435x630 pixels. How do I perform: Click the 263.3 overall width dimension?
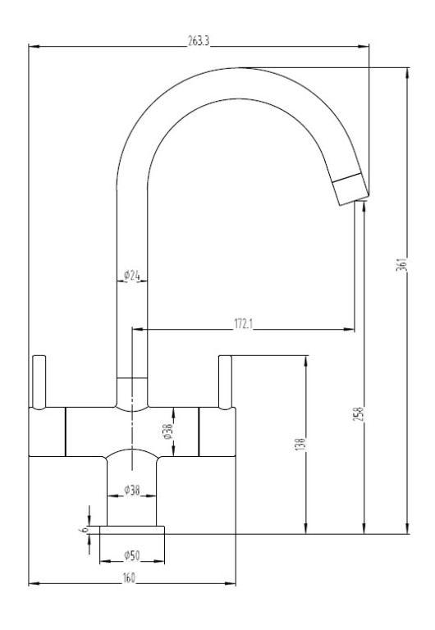point(199,41)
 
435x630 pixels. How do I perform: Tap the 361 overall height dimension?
point(402,263)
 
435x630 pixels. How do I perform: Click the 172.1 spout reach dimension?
point(243,324)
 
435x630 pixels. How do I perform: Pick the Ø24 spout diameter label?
point(132,276)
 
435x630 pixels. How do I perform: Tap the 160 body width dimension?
point(129,577)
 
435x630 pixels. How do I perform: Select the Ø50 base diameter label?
point(132,555)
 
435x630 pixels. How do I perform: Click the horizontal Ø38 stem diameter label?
point(132,491)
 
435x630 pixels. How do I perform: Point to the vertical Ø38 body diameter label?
point(167,431)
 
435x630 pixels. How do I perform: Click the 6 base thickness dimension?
point(85,530)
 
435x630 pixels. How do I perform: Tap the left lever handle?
point(39,382)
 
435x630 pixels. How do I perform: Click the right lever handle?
point(225,382)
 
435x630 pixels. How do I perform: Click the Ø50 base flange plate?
point(132,530)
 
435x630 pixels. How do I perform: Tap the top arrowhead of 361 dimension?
point(408,74)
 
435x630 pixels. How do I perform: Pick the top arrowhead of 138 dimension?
point(306,361)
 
